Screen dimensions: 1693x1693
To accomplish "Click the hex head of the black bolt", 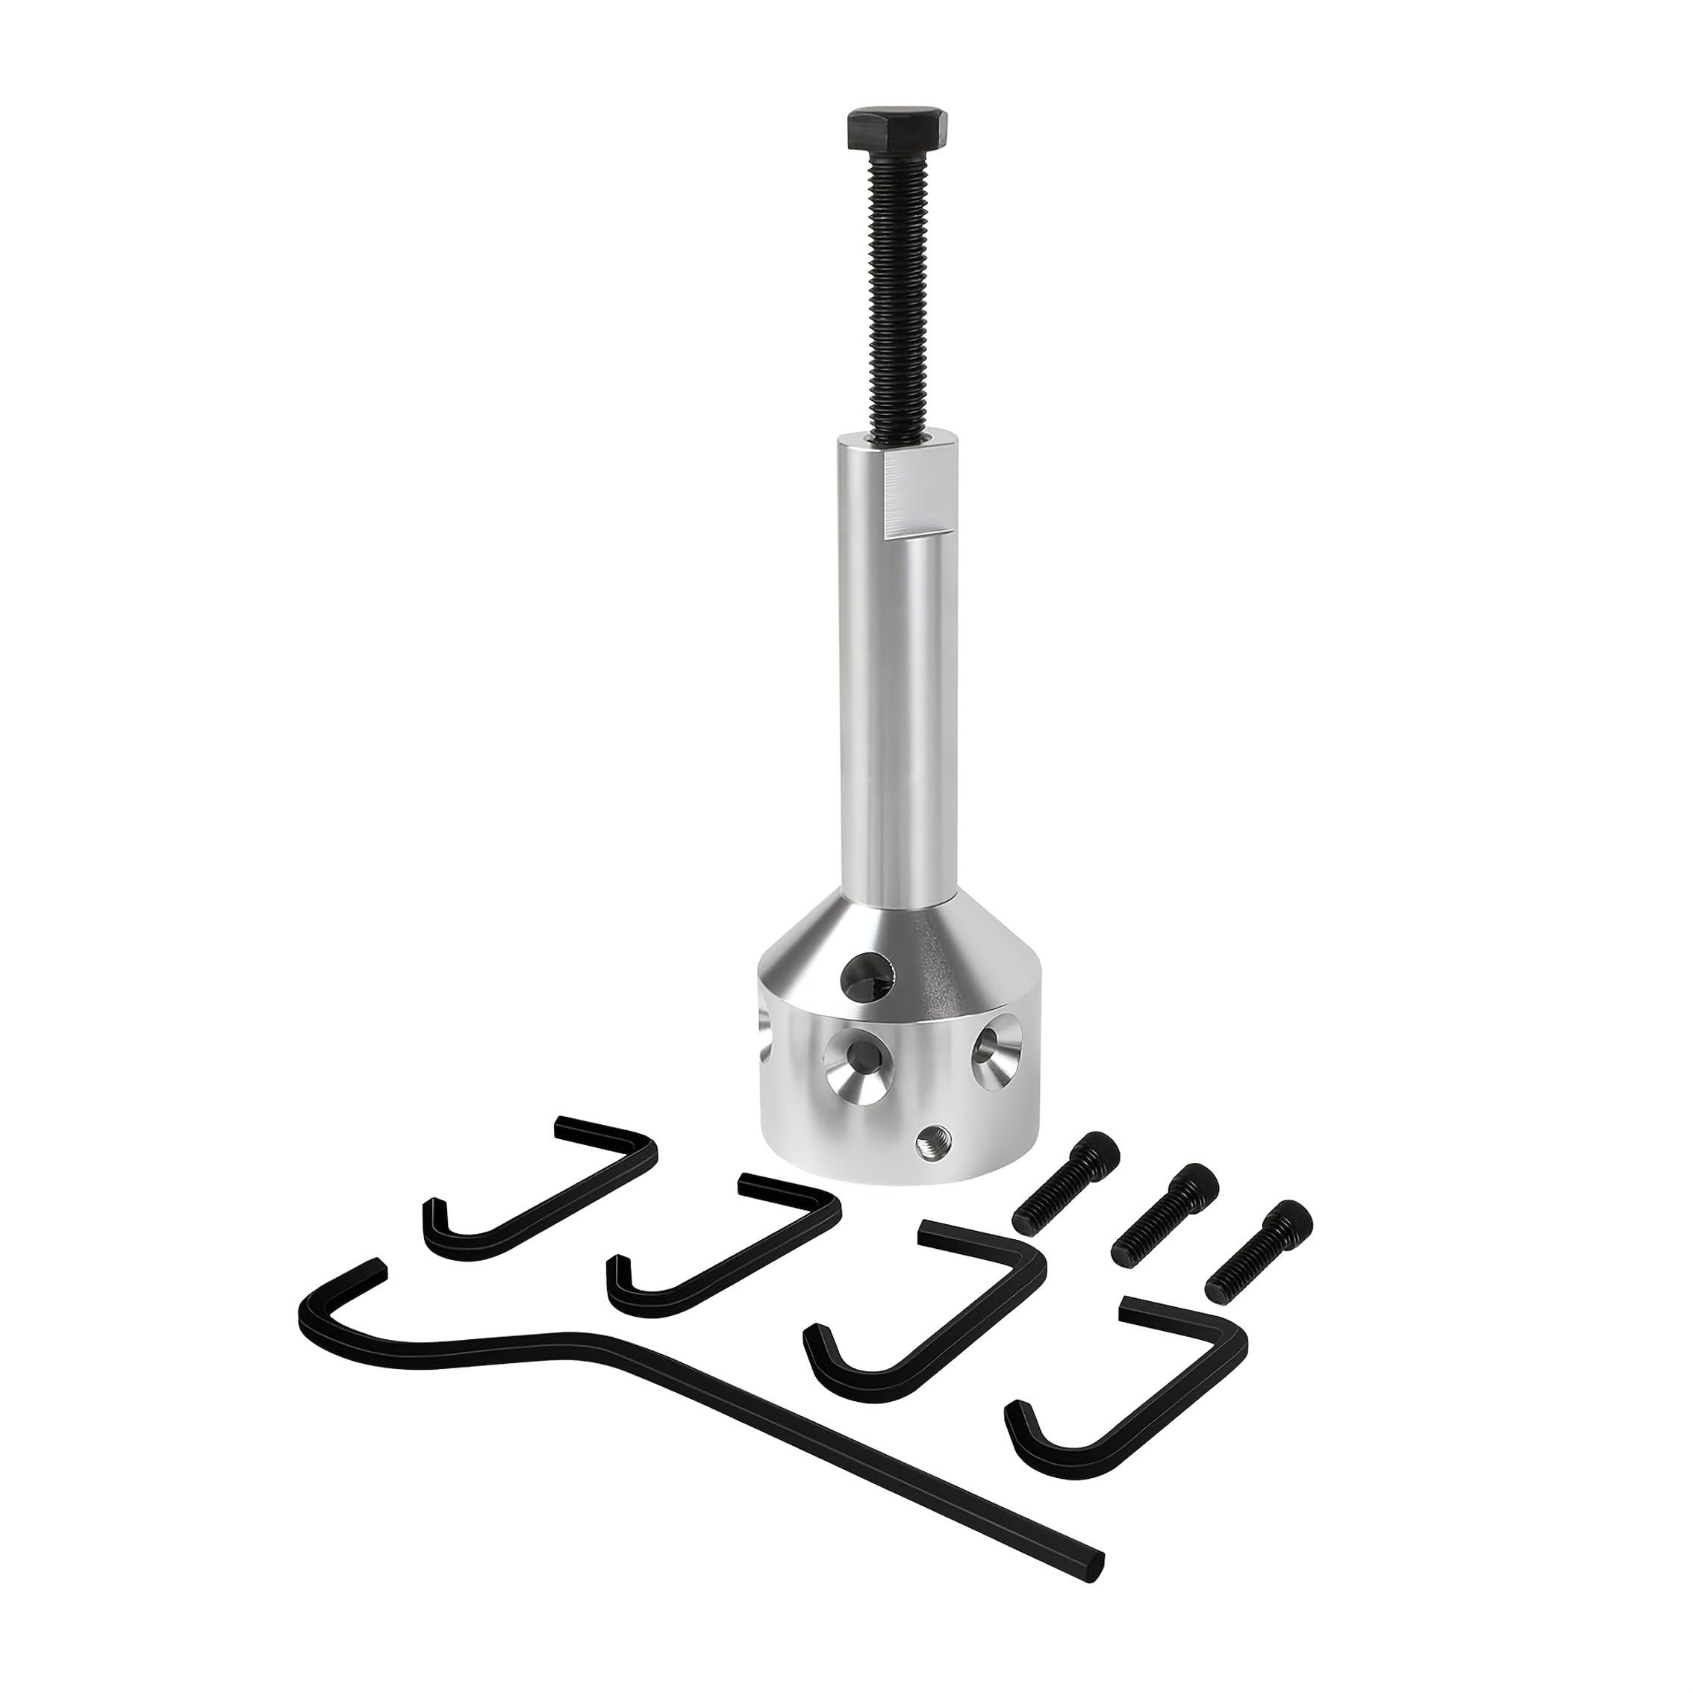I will pyautogui.click(x=896, y=129).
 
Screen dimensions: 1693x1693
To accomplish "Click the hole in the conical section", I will pyautogui.click(x=867, y=977).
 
